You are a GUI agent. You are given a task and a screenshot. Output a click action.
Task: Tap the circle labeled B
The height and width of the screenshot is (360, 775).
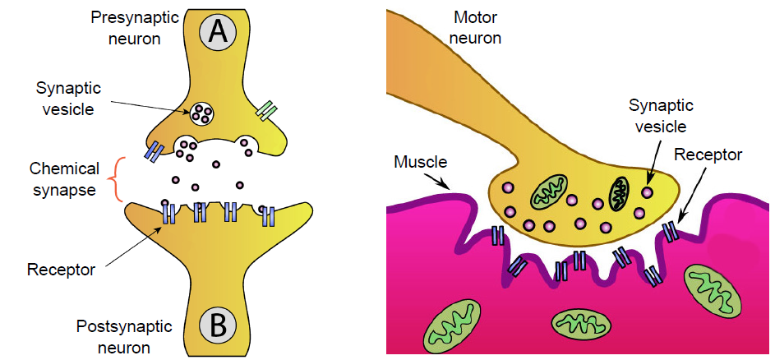coord(218,325)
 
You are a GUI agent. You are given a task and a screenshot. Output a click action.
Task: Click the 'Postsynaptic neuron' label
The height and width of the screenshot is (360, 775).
coord(124,336)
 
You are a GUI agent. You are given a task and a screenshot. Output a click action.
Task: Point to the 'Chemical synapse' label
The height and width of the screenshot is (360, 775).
coord(64,178)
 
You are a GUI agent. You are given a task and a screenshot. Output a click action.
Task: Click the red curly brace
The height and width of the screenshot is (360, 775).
coord(117,178)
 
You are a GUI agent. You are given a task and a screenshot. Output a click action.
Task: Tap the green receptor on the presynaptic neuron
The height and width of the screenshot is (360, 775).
coord(267,111)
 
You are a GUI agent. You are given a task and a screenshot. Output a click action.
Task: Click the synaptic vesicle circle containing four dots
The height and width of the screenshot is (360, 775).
coord(203,113)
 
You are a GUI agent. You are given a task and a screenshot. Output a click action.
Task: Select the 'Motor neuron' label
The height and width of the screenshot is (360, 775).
coord(476,26)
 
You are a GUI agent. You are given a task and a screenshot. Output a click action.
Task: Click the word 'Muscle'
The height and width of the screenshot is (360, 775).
coord(418,161)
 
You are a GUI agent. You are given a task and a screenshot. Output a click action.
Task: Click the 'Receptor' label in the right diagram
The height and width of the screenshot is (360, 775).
coord(708,155)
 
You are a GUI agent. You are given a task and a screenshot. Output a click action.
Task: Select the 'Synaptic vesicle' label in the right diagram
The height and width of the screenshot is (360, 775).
coord(661,116)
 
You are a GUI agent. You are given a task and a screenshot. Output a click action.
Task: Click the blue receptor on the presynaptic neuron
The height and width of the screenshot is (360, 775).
coord(154,151)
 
